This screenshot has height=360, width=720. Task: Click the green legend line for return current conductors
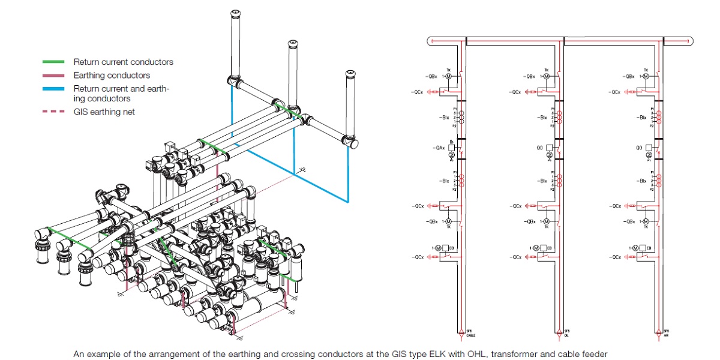point(52,62)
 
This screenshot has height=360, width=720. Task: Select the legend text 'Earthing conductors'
point(112,76)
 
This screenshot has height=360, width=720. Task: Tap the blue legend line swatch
point(52,89)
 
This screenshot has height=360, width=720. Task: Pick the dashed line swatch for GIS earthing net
point(52,112)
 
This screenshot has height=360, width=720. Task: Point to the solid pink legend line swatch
point(52,76)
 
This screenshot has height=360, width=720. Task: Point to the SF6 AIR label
point(667,332)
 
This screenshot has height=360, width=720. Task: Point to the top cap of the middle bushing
point(292,43)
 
